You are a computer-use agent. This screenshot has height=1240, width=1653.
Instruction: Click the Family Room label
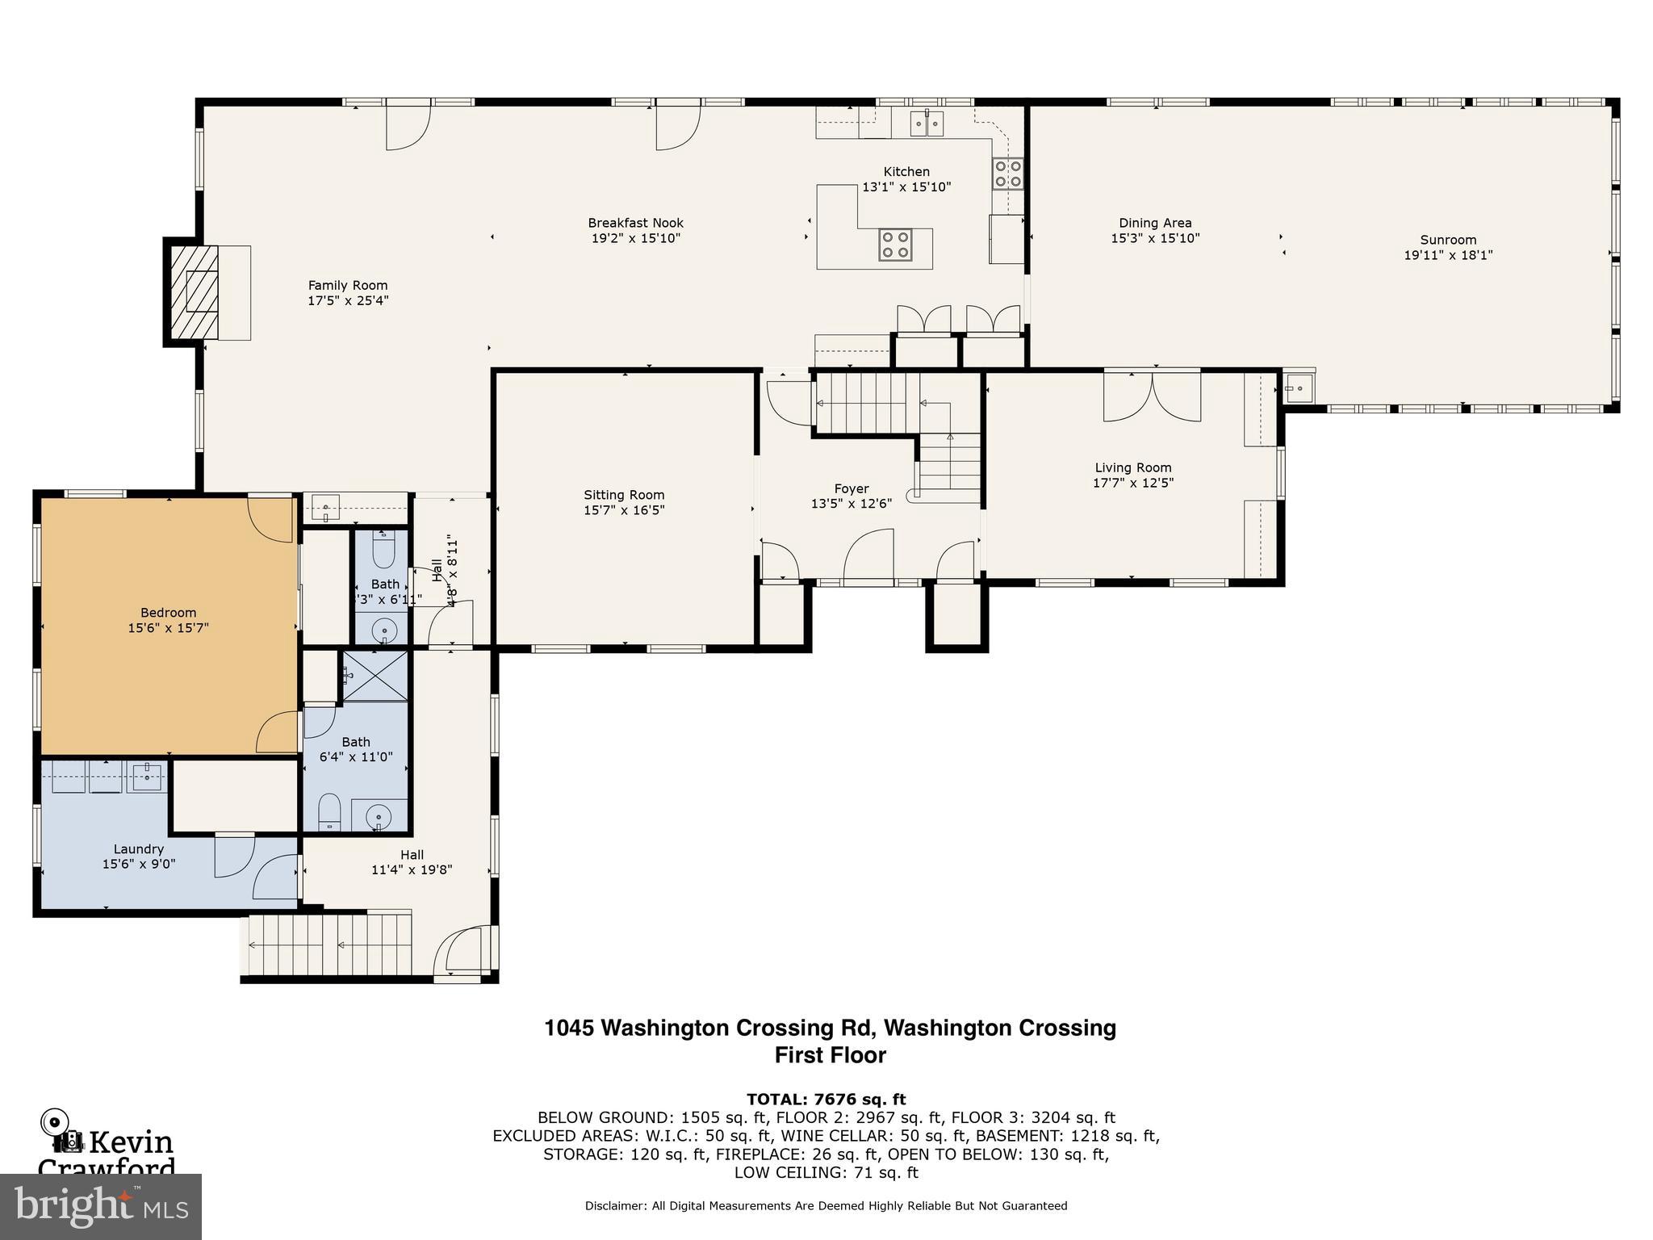pyautogui.click(x=348, y=285)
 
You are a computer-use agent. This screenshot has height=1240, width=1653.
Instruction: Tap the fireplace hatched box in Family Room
pyautogui.click(x=194, y=291)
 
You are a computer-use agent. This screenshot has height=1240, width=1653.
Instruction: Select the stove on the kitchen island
pyautogui.click(x=896, y=245)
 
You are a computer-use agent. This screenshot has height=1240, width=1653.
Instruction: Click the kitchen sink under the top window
pyautogui.click(x=927, y=124)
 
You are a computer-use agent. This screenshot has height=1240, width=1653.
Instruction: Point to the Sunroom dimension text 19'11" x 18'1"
pyautogui.click(x=1448, y=255)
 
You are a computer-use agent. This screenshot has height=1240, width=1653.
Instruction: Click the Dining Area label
pyautogui.click(x=1155, y=223)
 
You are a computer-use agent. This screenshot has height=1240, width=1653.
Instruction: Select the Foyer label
pyautogui.click(x=852, y=488)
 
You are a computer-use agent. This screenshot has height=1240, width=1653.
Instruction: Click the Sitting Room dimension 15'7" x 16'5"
pyautogui.click(x=624, y=510)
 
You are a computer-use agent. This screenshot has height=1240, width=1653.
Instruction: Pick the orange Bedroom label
pyautogui.click(x=168, y=613)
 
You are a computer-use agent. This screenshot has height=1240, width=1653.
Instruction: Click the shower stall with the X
pyautogui.click(x=375, y=675)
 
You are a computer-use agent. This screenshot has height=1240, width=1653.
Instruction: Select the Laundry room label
pyautogui.click(x=139, y=848)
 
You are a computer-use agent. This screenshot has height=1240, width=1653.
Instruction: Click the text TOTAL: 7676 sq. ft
pyautogui.click(x=826, y=1099)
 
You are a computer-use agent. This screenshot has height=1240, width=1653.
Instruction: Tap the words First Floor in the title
pyautogui.click(x=830, y=1055)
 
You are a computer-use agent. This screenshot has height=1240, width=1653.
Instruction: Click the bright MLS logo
pyautogui.click(x=100, y=1206)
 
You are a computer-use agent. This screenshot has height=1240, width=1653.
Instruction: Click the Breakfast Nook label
pyautogui.click(x=635, y=223)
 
